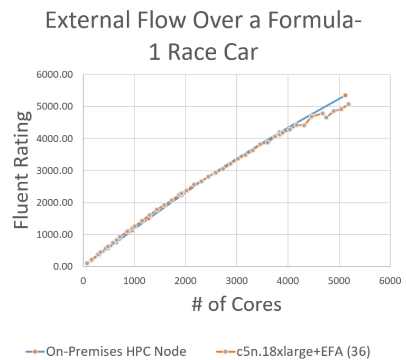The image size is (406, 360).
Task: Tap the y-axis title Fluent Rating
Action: pos(22,171)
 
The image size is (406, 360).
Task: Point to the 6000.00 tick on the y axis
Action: pos(54,75)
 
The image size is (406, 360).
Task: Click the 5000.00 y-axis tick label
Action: pos(54,107)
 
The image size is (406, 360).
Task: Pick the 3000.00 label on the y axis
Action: pos(54,171)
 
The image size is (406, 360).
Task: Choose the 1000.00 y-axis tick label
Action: pos(54,235)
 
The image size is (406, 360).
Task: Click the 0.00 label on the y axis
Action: pos(62,266)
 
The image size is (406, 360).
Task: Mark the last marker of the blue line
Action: pos(345,95)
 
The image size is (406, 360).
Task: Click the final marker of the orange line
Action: pos(348,104)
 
